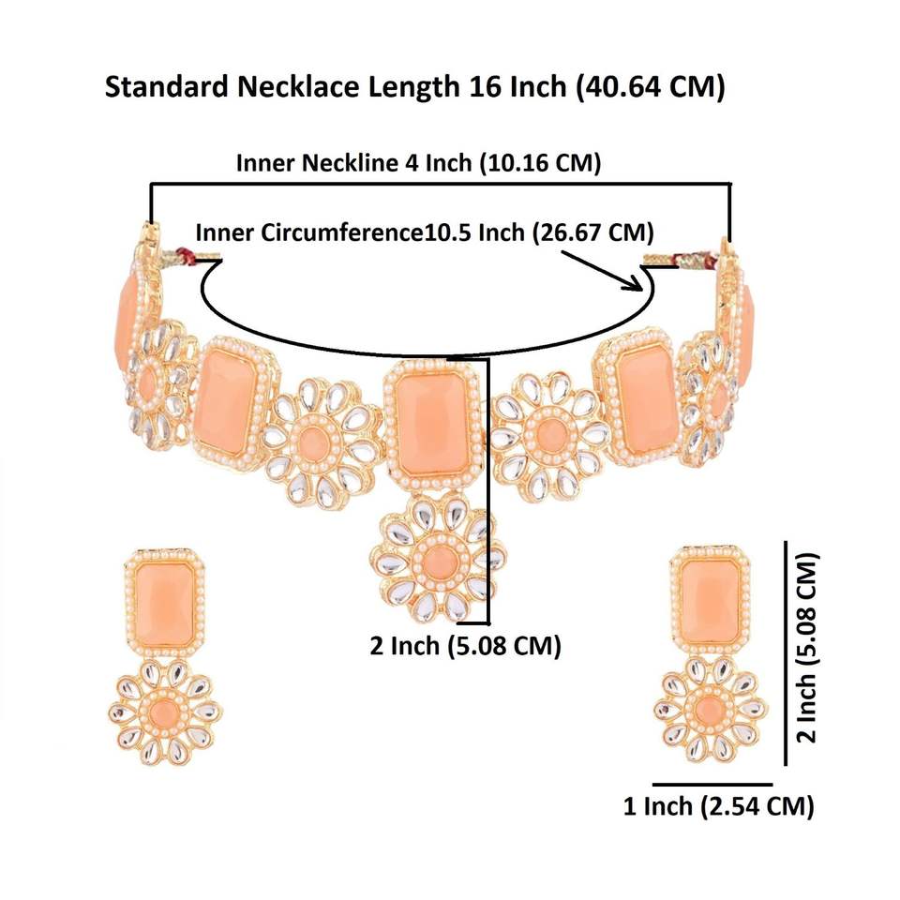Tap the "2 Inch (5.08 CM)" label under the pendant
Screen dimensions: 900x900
[x=465, y=646]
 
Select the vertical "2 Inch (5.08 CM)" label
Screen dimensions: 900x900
[x=807, y=647]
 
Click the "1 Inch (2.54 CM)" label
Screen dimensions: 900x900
[x=718, y=805]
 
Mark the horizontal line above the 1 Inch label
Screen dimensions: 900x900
[x=712, y=783]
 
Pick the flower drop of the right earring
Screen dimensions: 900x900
[x=711, y=708]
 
